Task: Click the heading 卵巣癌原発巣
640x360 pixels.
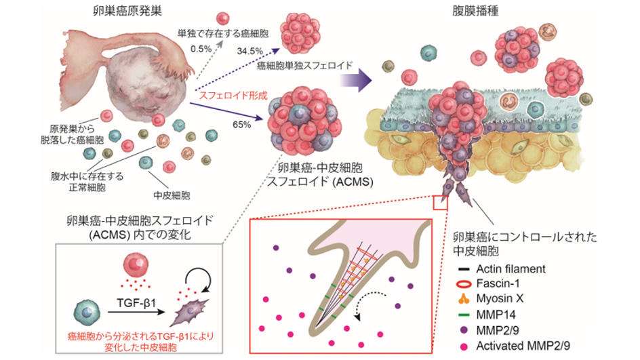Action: coord(127,12)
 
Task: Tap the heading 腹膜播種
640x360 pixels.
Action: coord(475,12)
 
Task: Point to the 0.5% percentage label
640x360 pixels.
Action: coord(201,49)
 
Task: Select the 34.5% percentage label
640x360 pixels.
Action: coord(249,52)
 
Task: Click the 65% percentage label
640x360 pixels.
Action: coord(241,125)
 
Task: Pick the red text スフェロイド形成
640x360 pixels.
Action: coord(233,96)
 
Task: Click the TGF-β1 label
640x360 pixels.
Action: coord(136,303)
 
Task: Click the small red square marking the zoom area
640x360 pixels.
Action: coord(441,203)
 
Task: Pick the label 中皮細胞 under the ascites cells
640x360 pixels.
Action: coord(172,195)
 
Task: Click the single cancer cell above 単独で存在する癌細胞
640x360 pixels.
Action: coord(223,19)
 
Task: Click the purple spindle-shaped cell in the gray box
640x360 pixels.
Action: coord(191,313)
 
